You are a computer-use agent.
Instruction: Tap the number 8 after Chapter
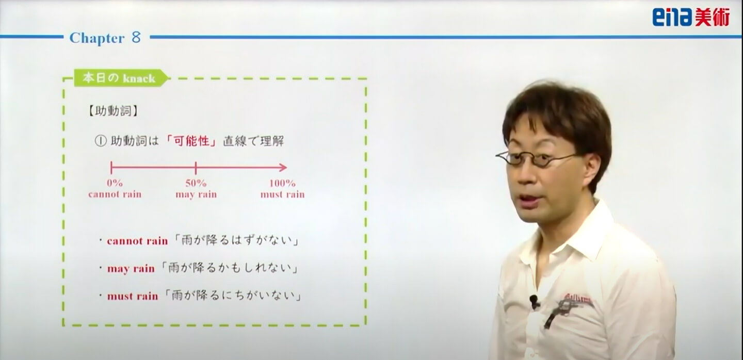136,38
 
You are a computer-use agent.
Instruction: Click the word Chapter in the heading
97,39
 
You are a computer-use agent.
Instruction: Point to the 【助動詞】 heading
113,111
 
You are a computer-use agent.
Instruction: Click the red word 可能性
192,141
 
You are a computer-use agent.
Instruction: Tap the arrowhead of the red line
283,168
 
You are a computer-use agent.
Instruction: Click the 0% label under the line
115,183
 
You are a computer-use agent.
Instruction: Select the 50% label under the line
196,183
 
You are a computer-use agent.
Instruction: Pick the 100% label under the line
282,183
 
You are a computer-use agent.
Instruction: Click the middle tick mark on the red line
196,168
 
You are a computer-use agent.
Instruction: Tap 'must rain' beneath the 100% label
282,194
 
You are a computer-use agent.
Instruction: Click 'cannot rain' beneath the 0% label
115,194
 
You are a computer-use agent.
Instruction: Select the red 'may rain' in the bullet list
131,269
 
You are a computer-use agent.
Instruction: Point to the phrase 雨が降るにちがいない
233,296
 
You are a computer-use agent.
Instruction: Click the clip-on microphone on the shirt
534,301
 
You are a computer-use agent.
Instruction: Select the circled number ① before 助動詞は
101,141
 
